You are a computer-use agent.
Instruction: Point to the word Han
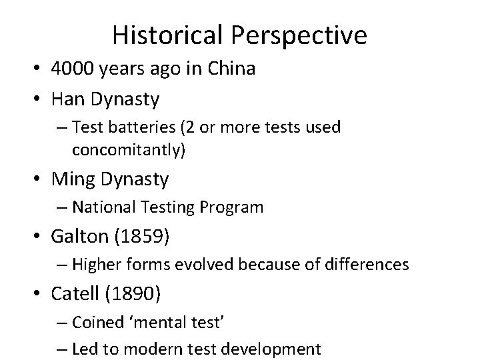68,100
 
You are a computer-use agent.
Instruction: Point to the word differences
369,265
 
